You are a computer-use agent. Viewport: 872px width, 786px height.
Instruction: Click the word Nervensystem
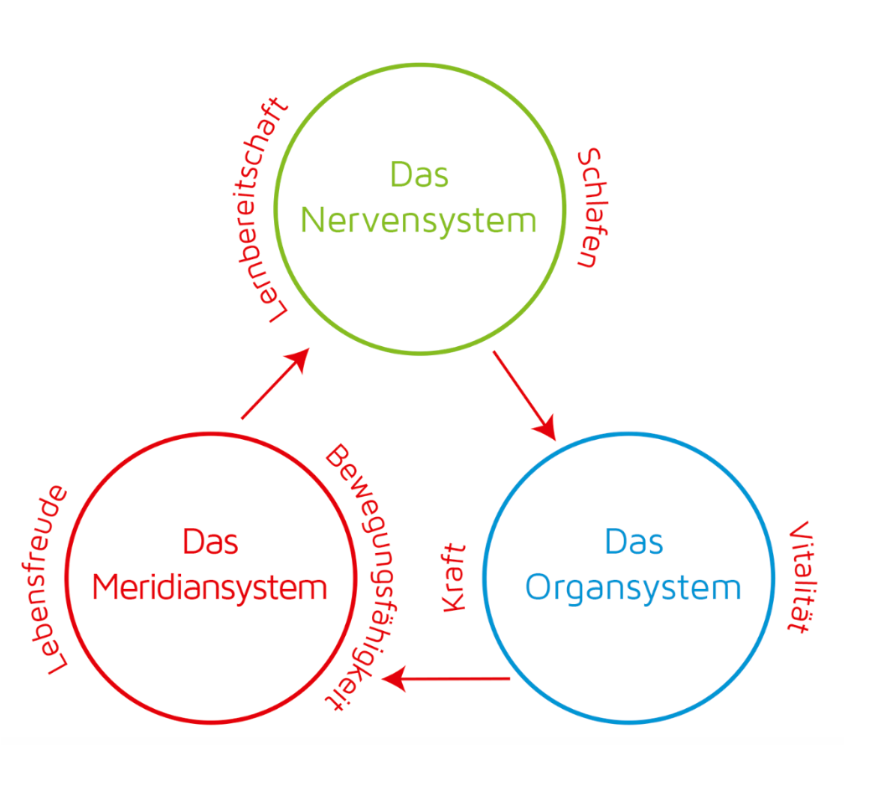point(418,222)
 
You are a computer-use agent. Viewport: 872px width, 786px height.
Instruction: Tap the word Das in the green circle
point(420,174)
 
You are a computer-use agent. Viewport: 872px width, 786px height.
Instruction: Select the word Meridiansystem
point(209,588)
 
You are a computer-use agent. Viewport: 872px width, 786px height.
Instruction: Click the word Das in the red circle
point(210,541)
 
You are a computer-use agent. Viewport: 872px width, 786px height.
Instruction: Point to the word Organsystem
point(633,588)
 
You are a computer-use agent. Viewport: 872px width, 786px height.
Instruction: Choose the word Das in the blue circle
point(634,541)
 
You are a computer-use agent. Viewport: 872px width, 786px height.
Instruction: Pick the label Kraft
point(454,578)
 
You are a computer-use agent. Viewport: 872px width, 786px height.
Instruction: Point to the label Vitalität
point(802,577)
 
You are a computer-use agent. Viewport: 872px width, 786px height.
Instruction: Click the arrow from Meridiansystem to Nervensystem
point(276,383)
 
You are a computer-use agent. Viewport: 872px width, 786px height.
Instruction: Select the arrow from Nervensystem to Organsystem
point(524,396)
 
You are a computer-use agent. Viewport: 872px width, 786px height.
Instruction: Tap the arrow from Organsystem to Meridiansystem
point(446,679)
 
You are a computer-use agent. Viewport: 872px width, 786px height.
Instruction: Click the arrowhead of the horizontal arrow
point(394,679)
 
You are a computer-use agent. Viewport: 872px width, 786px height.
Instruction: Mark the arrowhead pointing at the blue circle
point(546,427)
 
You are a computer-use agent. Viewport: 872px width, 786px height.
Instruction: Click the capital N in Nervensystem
point(312,221)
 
